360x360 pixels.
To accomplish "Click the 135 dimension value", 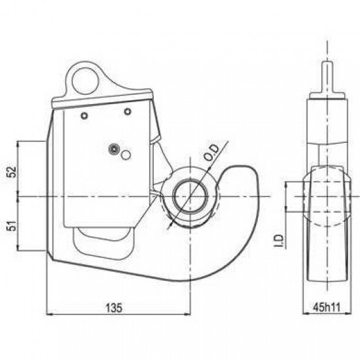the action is point(114,308).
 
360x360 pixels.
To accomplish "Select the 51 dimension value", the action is point(12,226).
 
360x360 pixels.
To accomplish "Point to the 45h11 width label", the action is point(327,307).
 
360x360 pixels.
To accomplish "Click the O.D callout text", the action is point(211,153).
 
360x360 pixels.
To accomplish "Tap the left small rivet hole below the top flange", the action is point(84,116).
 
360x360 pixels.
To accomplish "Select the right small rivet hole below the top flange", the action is point(128,112).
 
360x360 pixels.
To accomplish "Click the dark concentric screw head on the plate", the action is point(114,149).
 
